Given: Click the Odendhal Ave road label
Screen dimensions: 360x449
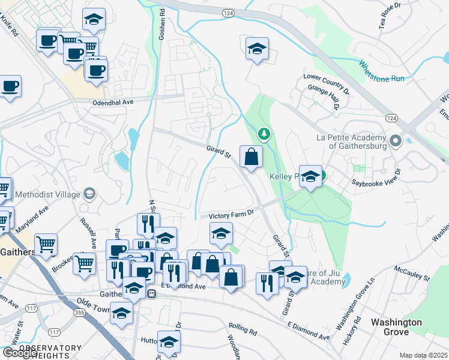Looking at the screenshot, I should [112, 103].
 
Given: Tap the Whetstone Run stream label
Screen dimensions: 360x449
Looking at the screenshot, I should [382, 71].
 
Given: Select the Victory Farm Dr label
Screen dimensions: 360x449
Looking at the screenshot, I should [232, 214].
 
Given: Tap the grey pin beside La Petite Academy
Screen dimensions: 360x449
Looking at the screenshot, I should [395, 142].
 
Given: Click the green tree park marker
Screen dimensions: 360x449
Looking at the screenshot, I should [262, 133].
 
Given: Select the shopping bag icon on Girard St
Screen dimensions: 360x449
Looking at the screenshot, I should [251, 157].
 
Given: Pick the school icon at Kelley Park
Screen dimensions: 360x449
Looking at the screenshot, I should [310, 176].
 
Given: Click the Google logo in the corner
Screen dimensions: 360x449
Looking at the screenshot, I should [19, 353].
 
